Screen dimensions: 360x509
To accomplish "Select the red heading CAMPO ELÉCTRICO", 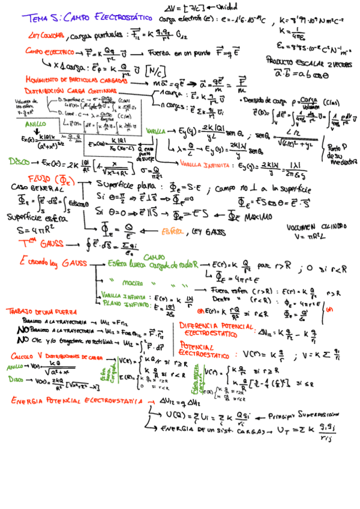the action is point(46,53).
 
